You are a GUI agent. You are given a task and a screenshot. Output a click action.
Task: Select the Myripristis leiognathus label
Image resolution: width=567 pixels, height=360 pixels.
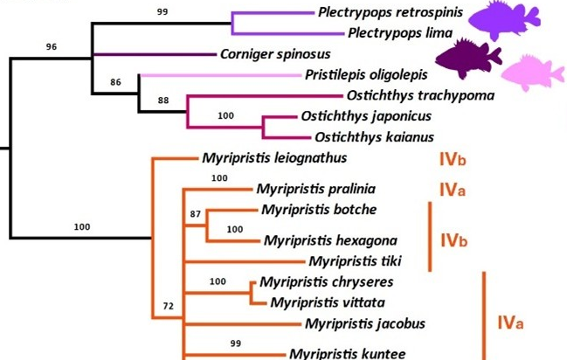(x=274, y=158)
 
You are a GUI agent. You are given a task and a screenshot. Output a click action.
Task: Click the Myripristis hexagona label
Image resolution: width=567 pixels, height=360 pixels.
(x=329, y=240)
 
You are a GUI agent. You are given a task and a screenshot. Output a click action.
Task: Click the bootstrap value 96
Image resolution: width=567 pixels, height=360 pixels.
(x=52, y=46)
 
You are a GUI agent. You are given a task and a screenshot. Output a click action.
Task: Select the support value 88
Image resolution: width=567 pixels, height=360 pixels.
(x=162, y=100)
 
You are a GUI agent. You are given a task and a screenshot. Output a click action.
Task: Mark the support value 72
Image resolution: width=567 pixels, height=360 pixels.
(x=169, y=308)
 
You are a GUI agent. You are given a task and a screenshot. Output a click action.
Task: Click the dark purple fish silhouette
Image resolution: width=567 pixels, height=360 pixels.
(x=469, y=59)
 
